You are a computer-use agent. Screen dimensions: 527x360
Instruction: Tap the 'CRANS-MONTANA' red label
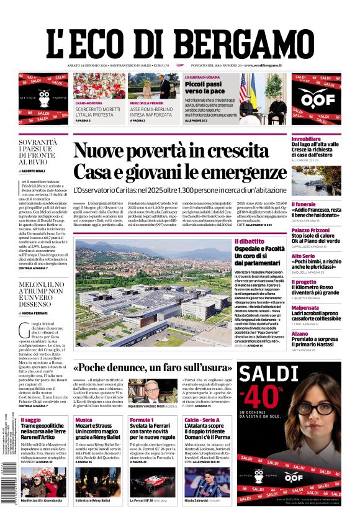[89, 103]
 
